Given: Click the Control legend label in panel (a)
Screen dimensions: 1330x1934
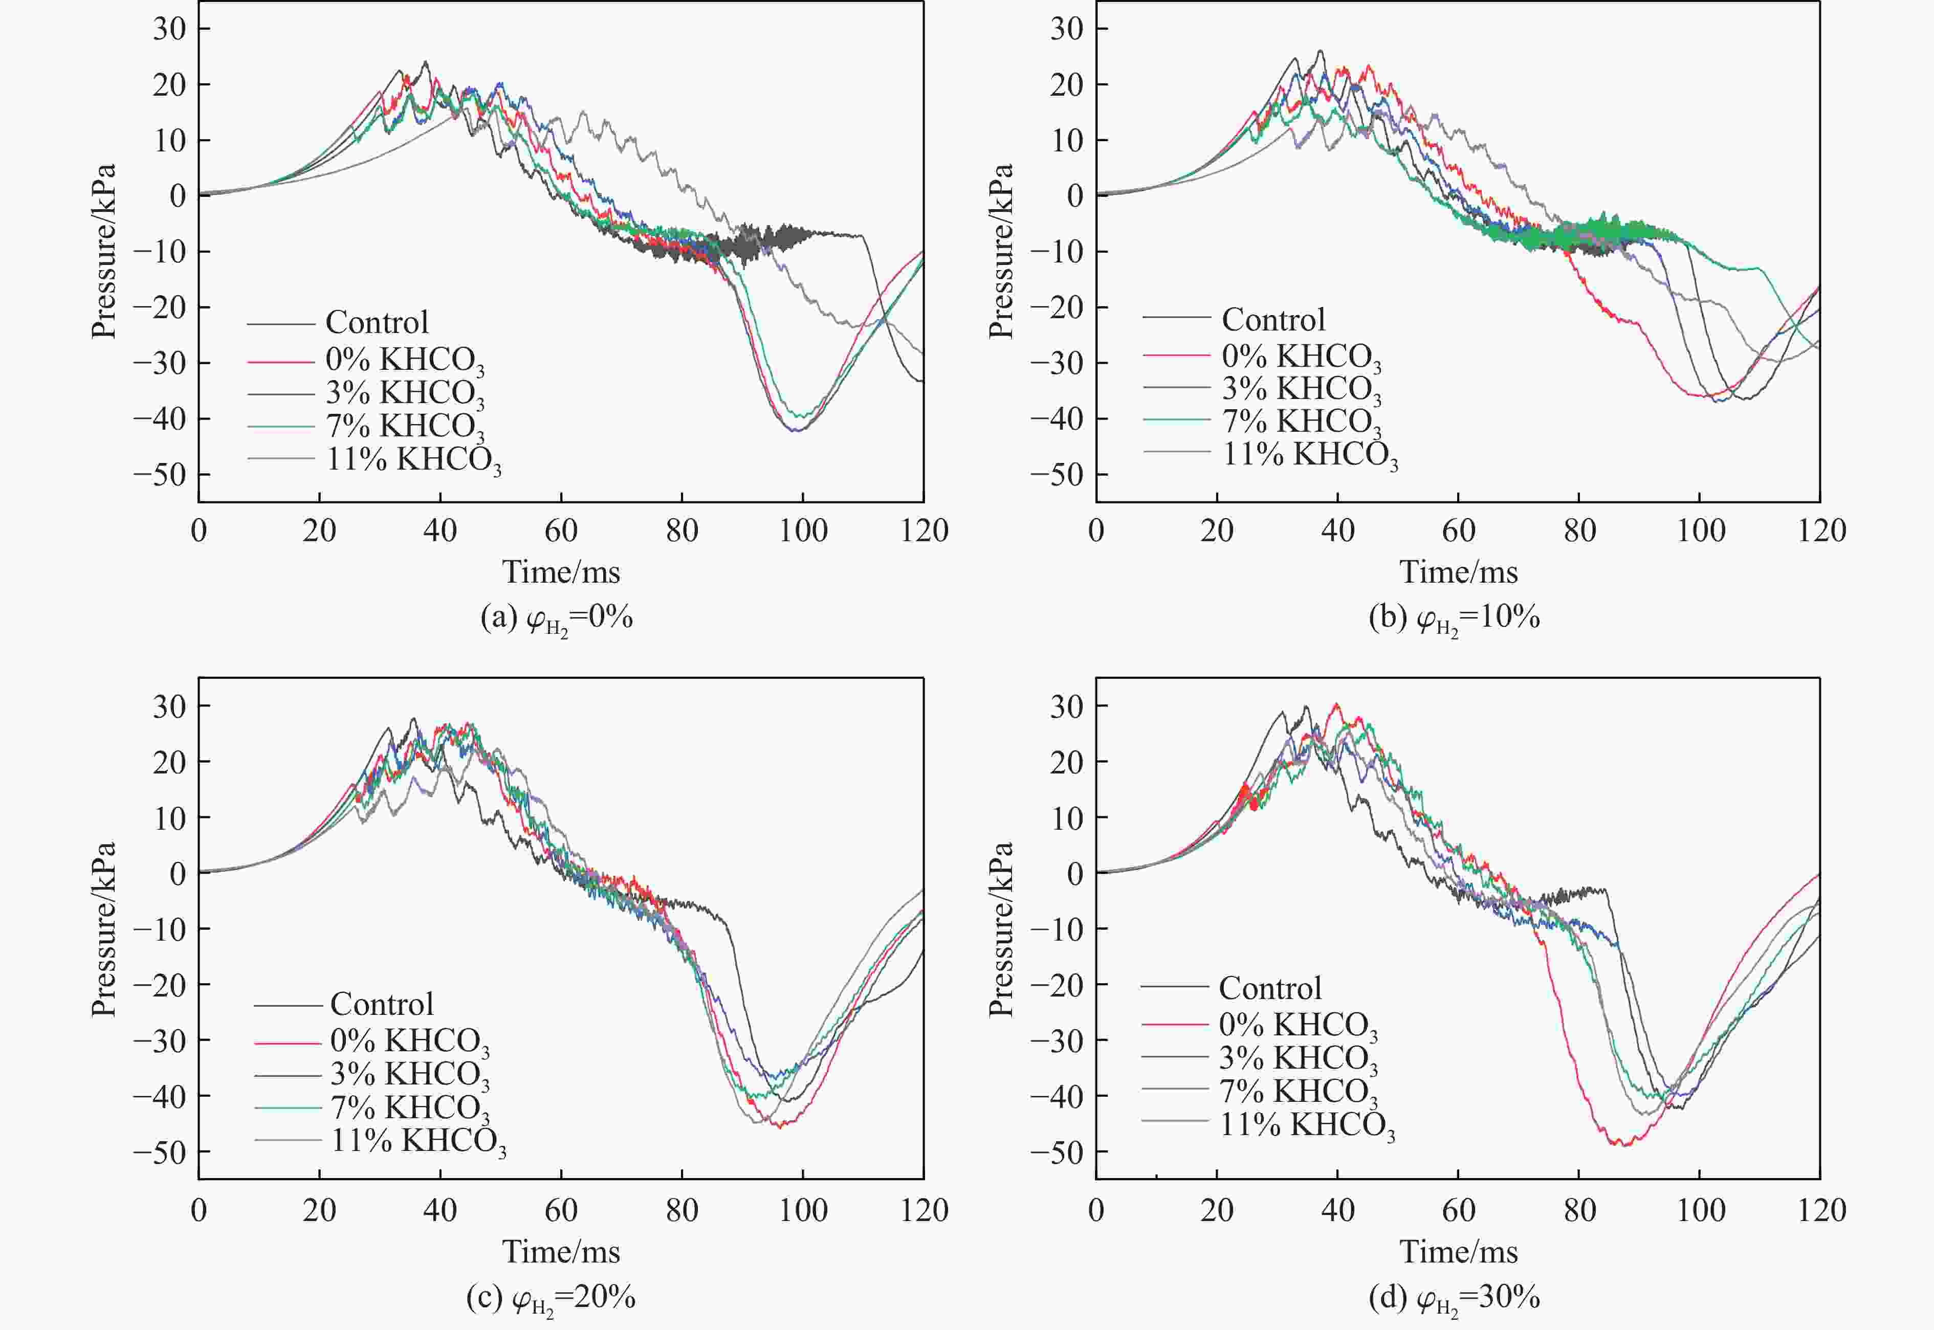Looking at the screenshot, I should pos(377,322).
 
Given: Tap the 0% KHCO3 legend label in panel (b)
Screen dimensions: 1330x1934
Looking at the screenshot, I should pos(1301,357).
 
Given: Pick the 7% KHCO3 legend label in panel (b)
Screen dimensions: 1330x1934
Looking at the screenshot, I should pos(1301,422).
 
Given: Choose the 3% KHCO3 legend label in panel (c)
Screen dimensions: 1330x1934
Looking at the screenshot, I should pos(409,1075).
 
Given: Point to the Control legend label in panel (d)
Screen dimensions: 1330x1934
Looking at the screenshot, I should pos(1270,988).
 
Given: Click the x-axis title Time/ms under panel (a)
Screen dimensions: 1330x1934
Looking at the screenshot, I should pos(561,572).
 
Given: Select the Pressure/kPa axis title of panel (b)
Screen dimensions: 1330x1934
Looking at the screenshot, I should pos(1001,251).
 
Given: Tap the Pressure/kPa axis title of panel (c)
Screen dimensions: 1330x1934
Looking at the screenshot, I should pos(103,929).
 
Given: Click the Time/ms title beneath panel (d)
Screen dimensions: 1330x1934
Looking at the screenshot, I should pos(1458,1252).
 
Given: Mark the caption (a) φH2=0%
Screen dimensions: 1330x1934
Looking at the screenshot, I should pos(557,619).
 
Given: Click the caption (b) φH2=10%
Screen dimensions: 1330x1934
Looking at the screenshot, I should pos(1454,619).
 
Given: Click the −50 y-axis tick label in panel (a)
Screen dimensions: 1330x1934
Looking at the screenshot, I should pos(160,474).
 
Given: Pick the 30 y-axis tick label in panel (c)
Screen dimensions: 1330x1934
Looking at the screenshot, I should pos(169,706).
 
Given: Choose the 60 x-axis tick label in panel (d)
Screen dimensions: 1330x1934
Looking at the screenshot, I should pos(1458,1210).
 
